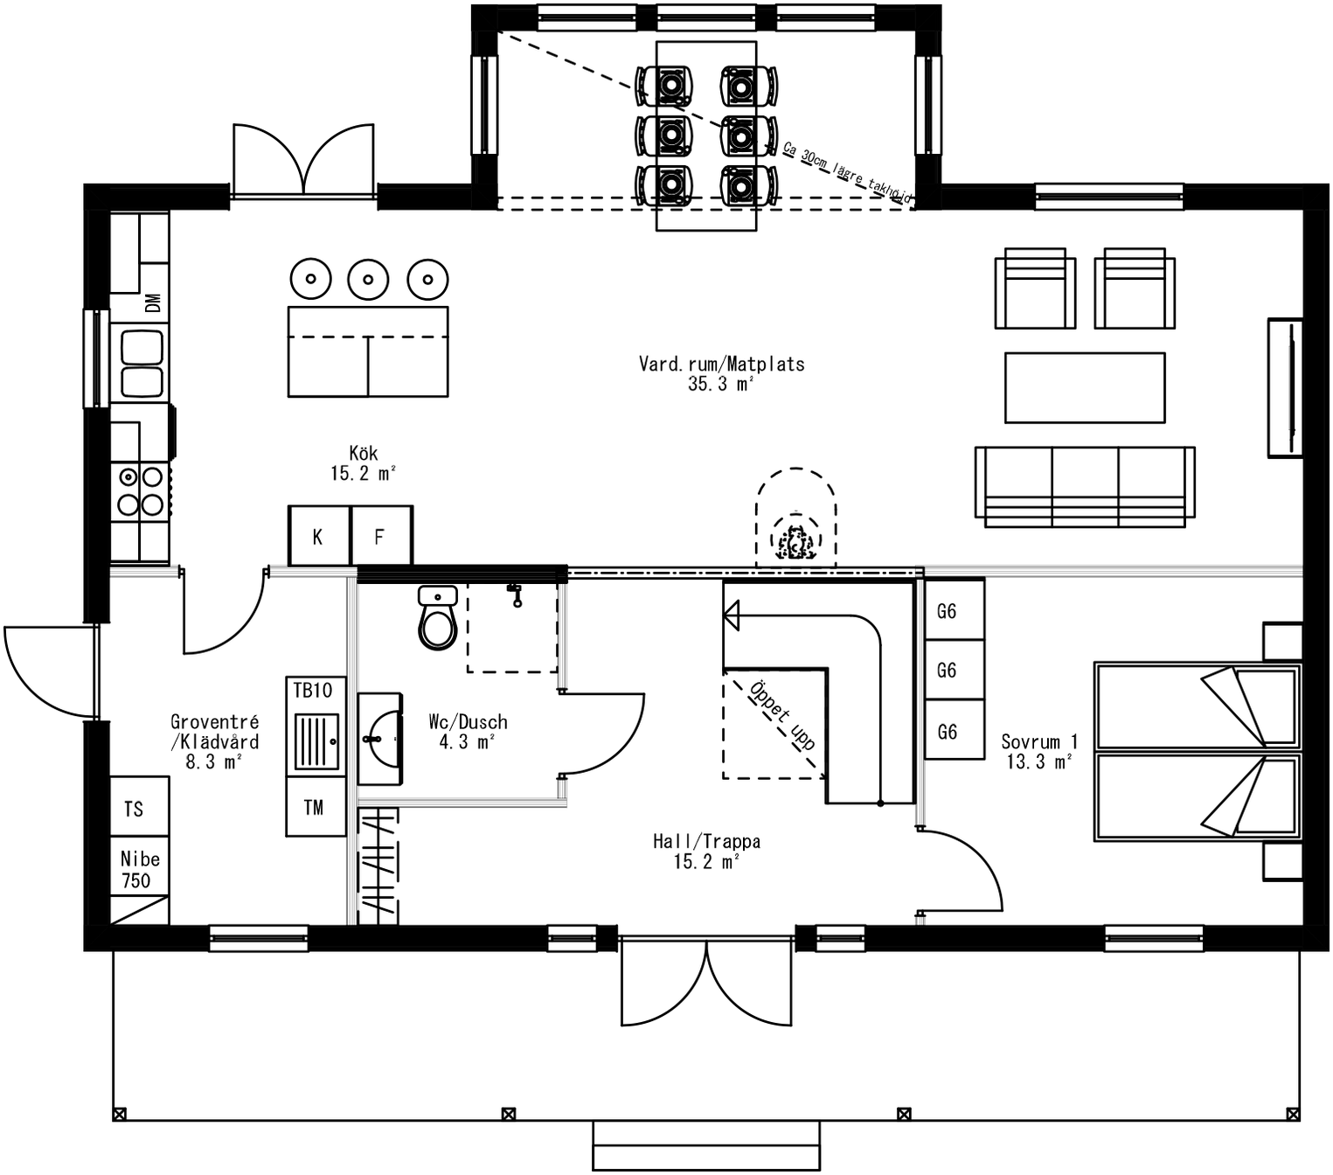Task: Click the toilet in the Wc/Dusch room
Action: coord(438,619)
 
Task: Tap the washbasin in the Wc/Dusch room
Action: coord(379,739)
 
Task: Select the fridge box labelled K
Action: coord(318,536)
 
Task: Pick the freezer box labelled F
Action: coord(380,536)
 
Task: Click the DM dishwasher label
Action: coord(153,302)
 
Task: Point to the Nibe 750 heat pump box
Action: coord(139,871)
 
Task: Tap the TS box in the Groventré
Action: coord(135,809)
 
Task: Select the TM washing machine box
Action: coord(315,808)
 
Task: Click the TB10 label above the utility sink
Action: coord(313,691)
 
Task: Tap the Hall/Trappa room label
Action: coord(706,852)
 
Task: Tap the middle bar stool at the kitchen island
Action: coord(368,280)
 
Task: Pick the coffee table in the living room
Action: coord(1085,388)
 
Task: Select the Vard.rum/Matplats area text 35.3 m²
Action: coord(720,384)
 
